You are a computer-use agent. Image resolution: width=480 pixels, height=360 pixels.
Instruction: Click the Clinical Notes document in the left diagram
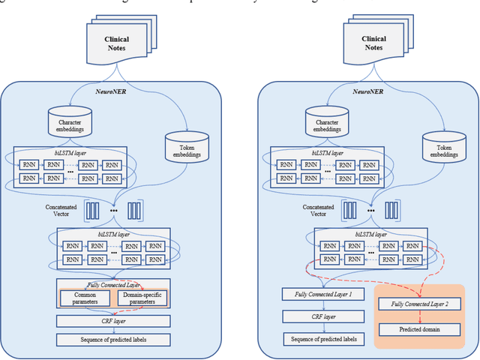point(112,44)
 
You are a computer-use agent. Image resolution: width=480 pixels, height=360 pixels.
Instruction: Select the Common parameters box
point(85,298)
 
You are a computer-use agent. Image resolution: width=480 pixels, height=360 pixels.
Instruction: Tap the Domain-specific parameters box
point(142,298)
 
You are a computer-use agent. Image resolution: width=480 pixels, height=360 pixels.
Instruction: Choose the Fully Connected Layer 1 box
point(322,294)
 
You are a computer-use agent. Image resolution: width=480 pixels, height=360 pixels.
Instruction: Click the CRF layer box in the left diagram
point(113,321)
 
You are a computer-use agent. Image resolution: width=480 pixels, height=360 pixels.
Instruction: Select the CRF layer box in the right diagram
point(322,316)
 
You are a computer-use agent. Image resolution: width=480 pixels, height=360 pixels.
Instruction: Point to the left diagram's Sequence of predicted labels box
point(113,339)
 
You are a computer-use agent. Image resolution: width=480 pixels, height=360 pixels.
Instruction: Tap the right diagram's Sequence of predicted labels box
point(322,339)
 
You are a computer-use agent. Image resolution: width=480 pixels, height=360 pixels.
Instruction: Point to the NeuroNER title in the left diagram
point(112,90)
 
